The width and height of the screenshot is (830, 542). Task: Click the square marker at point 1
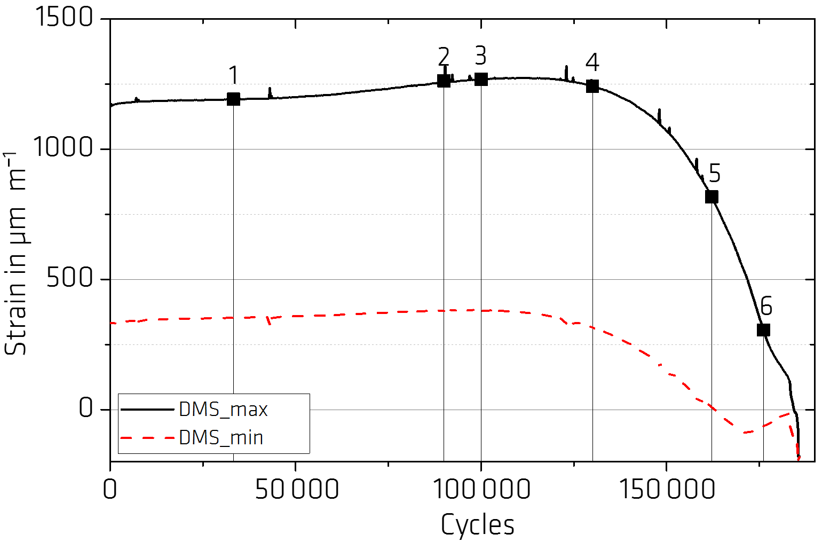(233, 99)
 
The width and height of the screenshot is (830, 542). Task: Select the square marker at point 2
(444, 81)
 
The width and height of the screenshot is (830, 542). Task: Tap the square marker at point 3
(481, 79)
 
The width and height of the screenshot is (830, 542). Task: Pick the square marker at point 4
(592, 86)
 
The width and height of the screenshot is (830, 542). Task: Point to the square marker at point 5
(712, 197)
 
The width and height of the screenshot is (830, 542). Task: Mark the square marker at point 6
(764, 330)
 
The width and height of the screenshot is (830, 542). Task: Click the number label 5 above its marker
(714, 174)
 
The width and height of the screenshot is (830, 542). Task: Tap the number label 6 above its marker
(766, 307)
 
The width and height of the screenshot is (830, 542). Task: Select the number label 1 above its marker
(233, 76)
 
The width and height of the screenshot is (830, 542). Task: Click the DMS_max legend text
(223, 410)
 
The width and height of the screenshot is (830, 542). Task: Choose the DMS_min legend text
(221, 438)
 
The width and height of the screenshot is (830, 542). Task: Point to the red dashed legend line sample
(148, 438)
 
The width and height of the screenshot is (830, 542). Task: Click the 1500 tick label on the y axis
(64, 18)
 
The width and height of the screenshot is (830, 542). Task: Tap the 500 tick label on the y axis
(70, 278)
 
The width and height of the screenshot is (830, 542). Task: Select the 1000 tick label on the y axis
(64, 147)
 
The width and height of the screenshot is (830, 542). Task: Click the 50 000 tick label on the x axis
(297, 489)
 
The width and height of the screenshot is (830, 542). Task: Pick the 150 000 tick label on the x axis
(667, 489)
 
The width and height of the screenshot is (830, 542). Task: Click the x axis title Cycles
(478, 524)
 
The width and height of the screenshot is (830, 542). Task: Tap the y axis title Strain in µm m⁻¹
(17, 254)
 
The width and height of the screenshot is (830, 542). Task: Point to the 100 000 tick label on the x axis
(481, 489)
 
